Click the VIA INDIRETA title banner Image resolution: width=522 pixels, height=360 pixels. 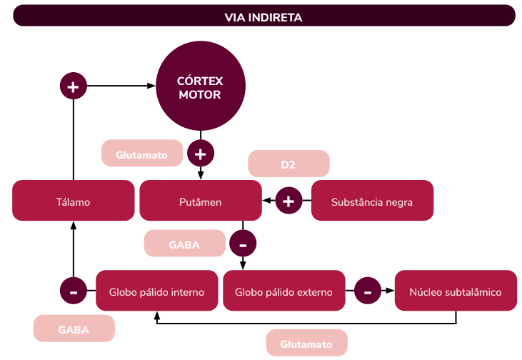pos(263,16)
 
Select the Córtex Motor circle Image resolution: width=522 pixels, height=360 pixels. pos(200,87)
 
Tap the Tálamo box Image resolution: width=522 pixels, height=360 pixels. pos(74,201)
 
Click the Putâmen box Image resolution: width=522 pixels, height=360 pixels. pos(200,201)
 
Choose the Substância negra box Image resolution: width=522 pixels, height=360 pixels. pos(372,201)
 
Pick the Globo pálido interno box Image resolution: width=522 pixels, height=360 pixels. pos(156,291)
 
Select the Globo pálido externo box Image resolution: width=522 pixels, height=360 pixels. pos(283,291)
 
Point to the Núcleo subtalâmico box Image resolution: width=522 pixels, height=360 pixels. pos(456,291)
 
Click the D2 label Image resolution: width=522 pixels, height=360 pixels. pos(288,164)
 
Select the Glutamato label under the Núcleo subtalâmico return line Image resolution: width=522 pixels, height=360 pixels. pos(306,344)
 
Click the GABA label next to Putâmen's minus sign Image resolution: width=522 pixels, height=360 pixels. pos(184,244)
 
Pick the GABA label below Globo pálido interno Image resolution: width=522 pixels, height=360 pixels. pos(74,329)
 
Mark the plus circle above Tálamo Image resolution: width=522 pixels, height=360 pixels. pos(73,86)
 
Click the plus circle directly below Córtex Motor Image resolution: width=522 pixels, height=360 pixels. pos(201,153)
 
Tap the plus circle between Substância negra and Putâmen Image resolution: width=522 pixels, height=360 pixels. pos(288,201)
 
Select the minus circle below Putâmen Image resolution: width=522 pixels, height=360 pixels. pos(243,244)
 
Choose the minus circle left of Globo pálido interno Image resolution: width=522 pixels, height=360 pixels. pos(74,291)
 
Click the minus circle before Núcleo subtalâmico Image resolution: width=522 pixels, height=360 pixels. pos(368,291)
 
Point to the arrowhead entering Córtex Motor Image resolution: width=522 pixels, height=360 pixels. pos(152,86)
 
